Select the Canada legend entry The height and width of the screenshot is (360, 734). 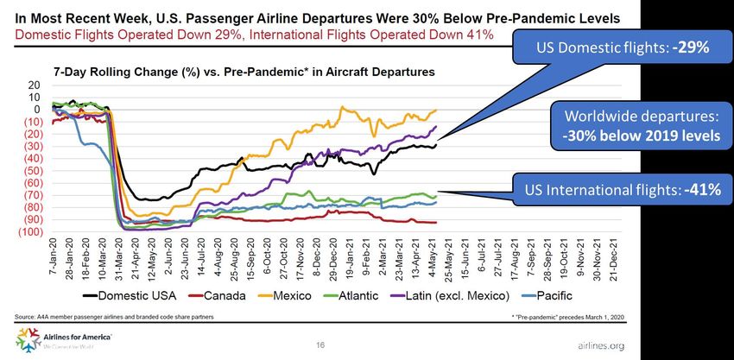206,295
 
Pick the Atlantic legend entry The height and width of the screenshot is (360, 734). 357,295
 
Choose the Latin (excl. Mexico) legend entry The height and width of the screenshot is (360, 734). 466,295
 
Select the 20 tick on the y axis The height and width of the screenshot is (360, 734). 33,85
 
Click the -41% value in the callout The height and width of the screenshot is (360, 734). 698,189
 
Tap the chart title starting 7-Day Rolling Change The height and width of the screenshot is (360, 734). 244,72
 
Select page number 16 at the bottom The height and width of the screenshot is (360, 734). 320,344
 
